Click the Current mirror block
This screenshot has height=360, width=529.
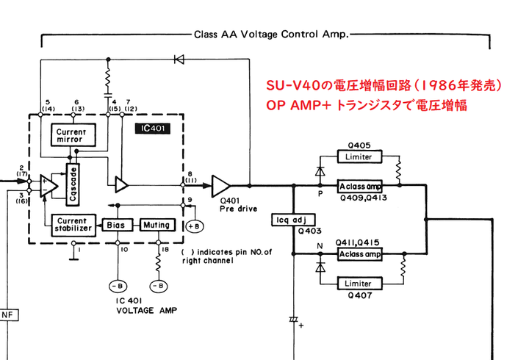pos(71,135)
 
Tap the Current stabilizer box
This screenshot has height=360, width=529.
pos(72,224)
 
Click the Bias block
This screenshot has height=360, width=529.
pos(117,225)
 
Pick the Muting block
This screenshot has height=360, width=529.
pos(156,225)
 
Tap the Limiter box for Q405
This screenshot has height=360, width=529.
pos(359,157)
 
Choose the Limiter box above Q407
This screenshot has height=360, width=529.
pos(359,282)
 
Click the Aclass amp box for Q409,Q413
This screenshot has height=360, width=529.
pos(359,187)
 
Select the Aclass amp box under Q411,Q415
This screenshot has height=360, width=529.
pos(359,254)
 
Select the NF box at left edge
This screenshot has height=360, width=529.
pos(8,315)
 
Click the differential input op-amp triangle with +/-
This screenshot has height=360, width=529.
pos(50,184)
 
